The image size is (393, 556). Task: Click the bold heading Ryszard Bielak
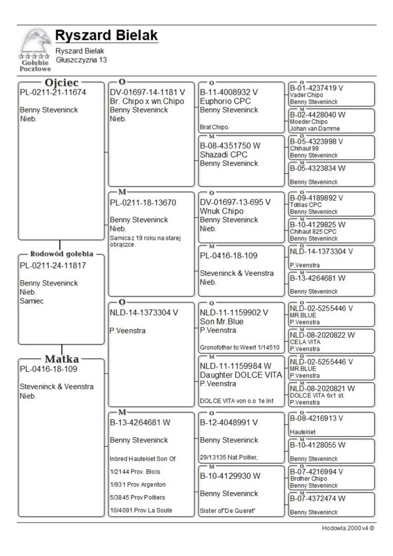[107, 35]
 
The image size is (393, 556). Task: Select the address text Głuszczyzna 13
[81, 59]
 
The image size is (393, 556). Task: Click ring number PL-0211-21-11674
[53, 92]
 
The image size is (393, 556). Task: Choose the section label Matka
[62, 359]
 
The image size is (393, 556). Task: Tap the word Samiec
[31, 301]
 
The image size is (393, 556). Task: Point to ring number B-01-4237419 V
[316, 88]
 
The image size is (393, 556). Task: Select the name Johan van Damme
[315, 129]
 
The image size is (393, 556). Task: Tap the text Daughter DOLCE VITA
[241, 375]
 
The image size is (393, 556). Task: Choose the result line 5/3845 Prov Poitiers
[138, 497]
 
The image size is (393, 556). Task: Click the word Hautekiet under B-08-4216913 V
[303, 432]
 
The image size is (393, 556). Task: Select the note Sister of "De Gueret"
[228, 511]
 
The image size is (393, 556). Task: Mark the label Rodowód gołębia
[61, 254]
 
